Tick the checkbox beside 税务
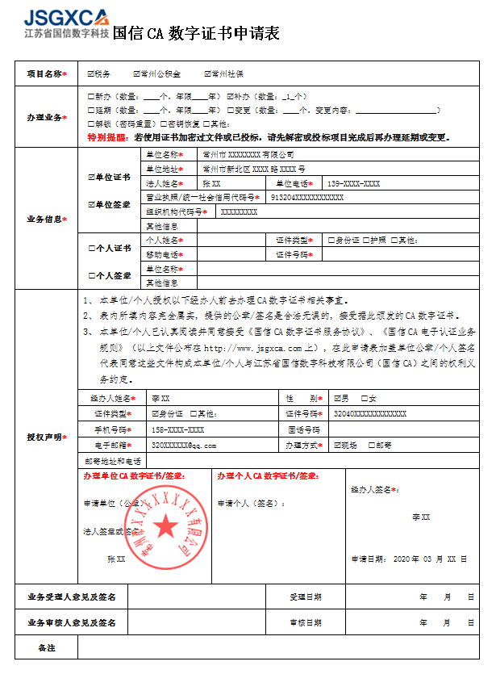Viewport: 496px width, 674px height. (x=91, y=74)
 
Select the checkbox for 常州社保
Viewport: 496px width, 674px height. (x=207, y=74)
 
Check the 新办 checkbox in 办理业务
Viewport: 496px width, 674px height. (x=91, y=96)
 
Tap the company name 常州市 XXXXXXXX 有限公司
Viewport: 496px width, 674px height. (x=248, y=154)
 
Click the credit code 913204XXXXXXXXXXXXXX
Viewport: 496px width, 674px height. (x=307, y=198)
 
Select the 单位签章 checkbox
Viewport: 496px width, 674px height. (x=91, y=205)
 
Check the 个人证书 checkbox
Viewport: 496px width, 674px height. (x=91, y=248)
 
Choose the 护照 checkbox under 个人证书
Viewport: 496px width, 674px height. (x=365, y=241)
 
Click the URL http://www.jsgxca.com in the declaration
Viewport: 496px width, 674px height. (x=248, y=349)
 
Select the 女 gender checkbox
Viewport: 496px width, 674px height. (x=364, y=399)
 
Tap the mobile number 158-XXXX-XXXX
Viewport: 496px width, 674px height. (x=179, y=429)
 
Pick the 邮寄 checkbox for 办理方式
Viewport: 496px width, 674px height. (x=372, y=446)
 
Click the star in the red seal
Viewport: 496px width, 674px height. (x=166, y=527)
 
